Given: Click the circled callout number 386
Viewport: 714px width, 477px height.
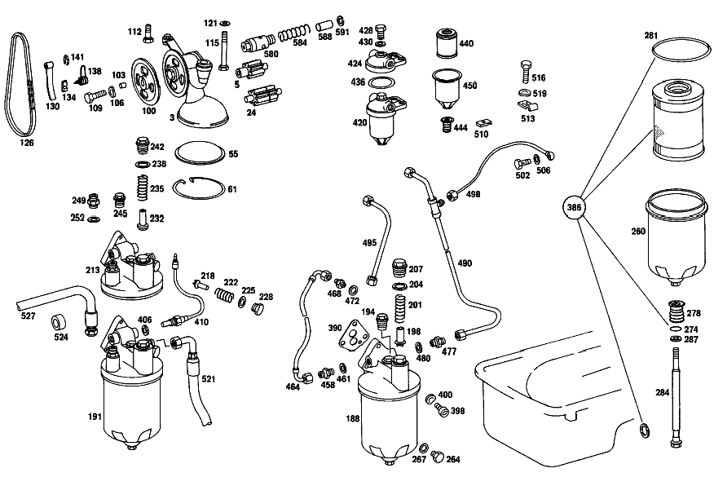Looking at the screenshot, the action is tap(574, 207).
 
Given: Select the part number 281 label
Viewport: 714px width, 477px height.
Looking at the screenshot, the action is tap(650, 36).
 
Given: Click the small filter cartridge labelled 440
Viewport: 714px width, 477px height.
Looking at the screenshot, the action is tap(447, 43).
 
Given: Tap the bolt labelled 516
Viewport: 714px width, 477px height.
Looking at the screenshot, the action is tap(526, 72).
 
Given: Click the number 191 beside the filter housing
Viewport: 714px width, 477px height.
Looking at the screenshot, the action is tap(95, 417).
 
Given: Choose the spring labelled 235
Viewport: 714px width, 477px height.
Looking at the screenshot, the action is tap(143, 187).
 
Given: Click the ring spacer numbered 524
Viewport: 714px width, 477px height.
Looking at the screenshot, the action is tap(59, 321).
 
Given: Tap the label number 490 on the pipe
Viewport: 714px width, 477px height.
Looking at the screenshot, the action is tap(465, 263).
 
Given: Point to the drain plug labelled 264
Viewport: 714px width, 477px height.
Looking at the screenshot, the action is tap(437, 456).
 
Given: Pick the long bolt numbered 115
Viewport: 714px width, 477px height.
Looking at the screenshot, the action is tap(223, 50).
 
